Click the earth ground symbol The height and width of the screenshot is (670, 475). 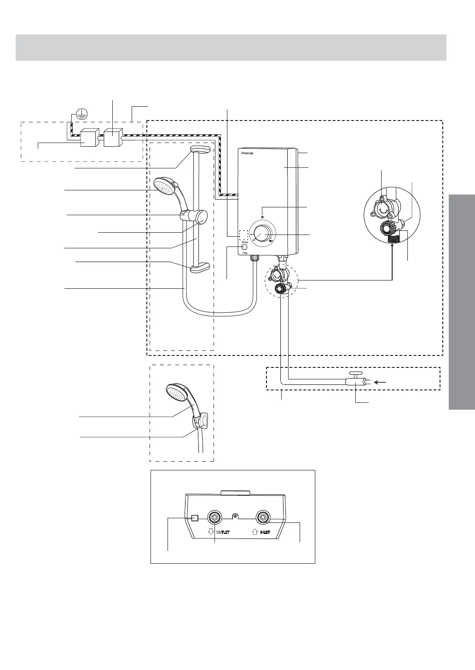[81, 114]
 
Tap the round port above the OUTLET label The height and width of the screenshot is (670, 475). [214, 518]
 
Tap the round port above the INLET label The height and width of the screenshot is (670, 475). [263, 518]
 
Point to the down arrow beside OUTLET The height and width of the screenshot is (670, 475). [210, 532]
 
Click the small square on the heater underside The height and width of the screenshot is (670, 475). [194, 518]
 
